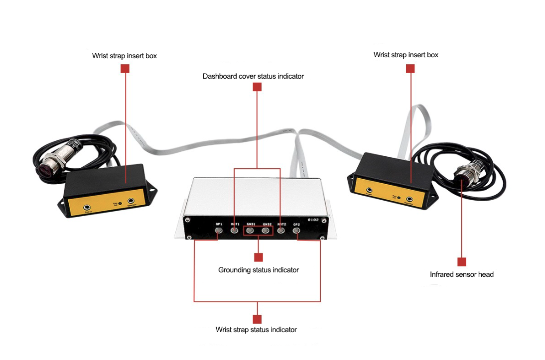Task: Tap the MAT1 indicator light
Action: coord(235,231)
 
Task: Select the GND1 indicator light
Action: coord(250,231)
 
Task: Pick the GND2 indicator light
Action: coord(266,231)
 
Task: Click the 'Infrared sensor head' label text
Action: coord(461,274)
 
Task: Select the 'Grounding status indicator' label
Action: coord(258,270)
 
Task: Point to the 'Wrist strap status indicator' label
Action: coord(256,330)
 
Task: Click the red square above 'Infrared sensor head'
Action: coord(462,262)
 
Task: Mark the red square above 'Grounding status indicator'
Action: coord(258,257)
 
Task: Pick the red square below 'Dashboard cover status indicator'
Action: coord(257,87)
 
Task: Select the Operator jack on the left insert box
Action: coord(132,201)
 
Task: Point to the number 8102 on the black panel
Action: coord(314,219)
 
